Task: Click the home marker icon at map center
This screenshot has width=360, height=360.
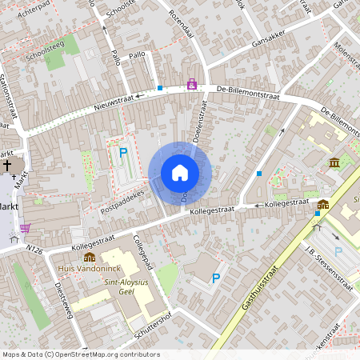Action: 180,172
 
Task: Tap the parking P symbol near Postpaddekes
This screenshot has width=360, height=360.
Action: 123,153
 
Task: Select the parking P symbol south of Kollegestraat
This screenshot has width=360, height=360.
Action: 215,278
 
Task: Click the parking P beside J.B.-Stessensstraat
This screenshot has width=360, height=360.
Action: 338,251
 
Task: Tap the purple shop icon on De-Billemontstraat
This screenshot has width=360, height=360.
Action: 192,83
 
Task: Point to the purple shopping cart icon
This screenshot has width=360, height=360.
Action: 25,227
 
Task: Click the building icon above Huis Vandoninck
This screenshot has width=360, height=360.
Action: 90,257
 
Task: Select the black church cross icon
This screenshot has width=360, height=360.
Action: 7,166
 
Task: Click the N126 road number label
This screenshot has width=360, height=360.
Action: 34,250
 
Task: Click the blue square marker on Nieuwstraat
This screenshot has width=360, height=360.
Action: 160,88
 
